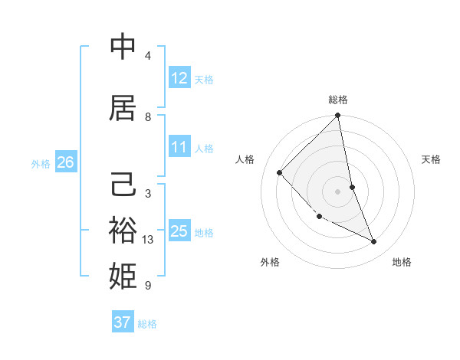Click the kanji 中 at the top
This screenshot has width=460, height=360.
pos(123,47)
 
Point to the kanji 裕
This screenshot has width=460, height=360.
pos(123,229)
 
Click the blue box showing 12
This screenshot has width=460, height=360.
pos(179,78)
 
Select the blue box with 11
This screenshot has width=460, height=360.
pos(179,147)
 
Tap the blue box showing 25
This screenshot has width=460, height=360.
pos(179,231)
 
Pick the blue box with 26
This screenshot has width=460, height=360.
pos(65,162)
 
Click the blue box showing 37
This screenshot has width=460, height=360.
pos(123,322)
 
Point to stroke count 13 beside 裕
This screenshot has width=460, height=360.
pos(149,240)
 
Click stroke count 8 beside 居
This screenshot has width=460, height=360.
pos(148,117)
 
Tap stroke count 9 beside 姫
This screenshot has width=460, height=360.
pos(148,286)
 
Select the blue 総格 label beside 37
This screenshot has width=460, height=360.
pos(147,324)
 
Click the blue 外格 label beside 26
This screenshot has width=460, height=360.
pos(41,163)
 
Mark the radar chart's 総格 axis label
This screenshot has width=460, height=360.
pos(338,100)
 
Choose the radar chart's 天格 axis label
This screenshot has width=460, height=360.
pos(432,159)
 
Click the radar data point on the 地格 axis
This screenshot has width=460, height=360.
pos(374,242)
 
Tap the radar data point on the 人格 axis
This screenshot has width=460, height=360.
pos(280,172)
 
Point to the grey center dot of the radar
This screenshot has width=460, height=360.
pos(338,191)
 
